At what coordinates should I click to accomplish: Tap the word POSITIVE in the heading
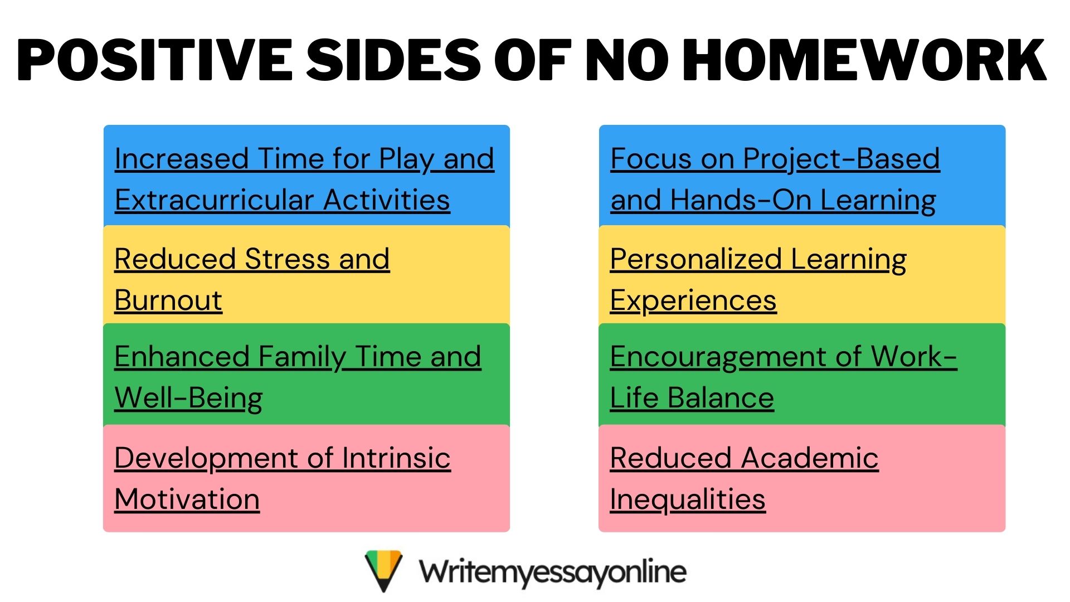pos(155,60)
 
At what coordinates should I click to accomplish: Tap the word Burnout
pos(168,300)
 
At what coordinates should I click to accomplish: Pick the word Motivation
pos(187,499)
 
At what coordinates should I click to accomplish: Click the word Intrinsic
pos(396,458)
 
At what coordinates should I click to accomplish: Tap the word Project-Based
pos(842,159)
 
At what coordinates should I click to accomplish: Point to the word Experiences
pos(693,302)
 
